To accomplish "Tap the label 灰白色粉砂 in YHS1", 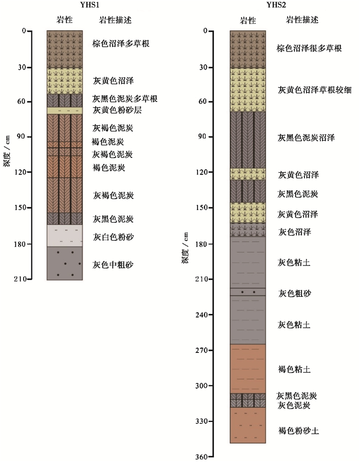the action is (x=113, y=237).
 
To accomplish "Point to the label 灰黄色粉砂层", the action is (x=116, y=110).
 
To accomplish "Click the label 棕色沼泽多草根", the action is (x=121, y=44).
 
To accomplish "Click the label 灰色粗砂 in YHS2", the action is (x=295, y=293).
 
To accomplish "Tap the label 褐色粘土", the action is (x=295, y=369).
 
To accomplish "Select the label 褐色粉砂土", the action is (x=298, y=431).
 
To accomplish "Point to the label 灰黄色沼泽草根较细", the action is (x=314, y=90).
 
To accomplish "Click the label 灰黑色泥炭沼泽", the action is (x=306, y=138).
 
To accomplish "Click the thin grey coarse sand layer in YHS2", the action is (x=247, y=292).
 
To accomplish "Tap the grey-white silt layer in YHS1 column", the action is (x=64, y=236).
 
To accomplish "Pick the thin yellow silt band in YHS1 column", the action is (x=64, y=110).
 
